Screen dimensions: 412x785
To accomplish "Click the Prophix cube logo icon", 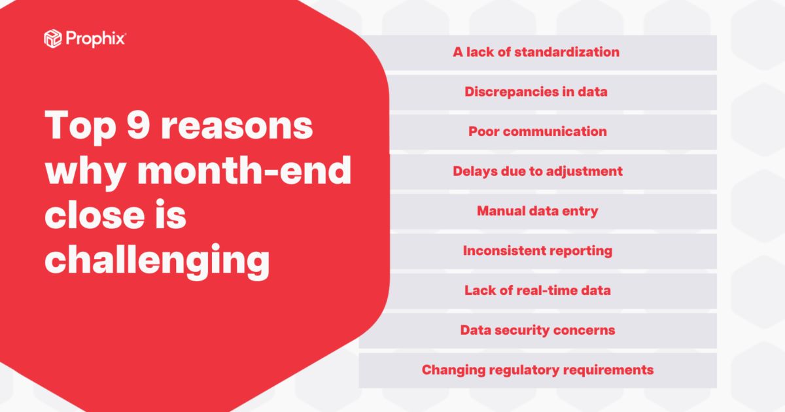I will pyautogui.click(x=53, y=39).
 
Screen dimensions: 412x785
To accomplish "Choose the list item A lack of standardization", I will pyautogui.click(x=536, y=52).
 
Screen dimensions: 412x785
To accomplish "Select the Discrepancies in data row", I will pyautogui.click(x=536, y=92).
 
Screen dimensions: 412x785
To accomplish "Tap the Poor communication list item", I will pyautogui.click(x=537, y=131).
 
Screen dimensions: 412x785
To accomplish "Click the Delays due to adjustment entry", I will pyautogui.click(x=537, y=171).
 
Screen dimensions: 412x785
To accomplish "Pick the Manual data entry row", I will pyautogui.click(x=537, y=211).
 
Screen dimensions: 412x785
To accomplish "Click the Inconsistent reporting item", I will pyautogui.click(x=537, y=250).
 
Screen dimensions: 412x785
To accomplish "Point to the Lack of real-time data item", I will pyautogui.click(x=537, y=290).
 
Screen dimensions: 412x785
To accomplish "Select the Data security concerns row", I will pyautogui.click(x=537, y=330).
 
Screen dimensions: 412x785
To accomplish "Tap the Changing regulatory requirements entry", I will pyautogui.click(x=537, y=370).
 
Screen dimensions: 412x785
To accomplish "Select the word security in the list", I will pyautogui.click(x=523, y=330).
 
